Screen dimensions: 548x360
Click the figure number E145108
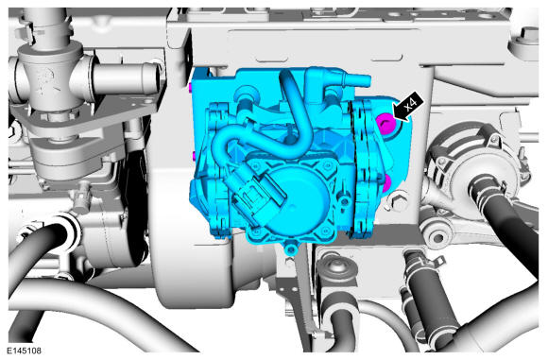tap(25, 351)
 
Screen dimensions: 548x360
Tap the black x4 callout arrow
tap(408, 107)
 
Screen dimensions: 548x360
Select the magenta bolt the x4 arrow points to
tap(386, 124)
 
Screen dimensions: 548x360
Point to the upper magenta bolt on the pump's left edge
tap(190, 87)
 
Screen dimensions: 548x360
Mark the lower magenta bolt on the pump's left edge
tap(194, 156)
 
